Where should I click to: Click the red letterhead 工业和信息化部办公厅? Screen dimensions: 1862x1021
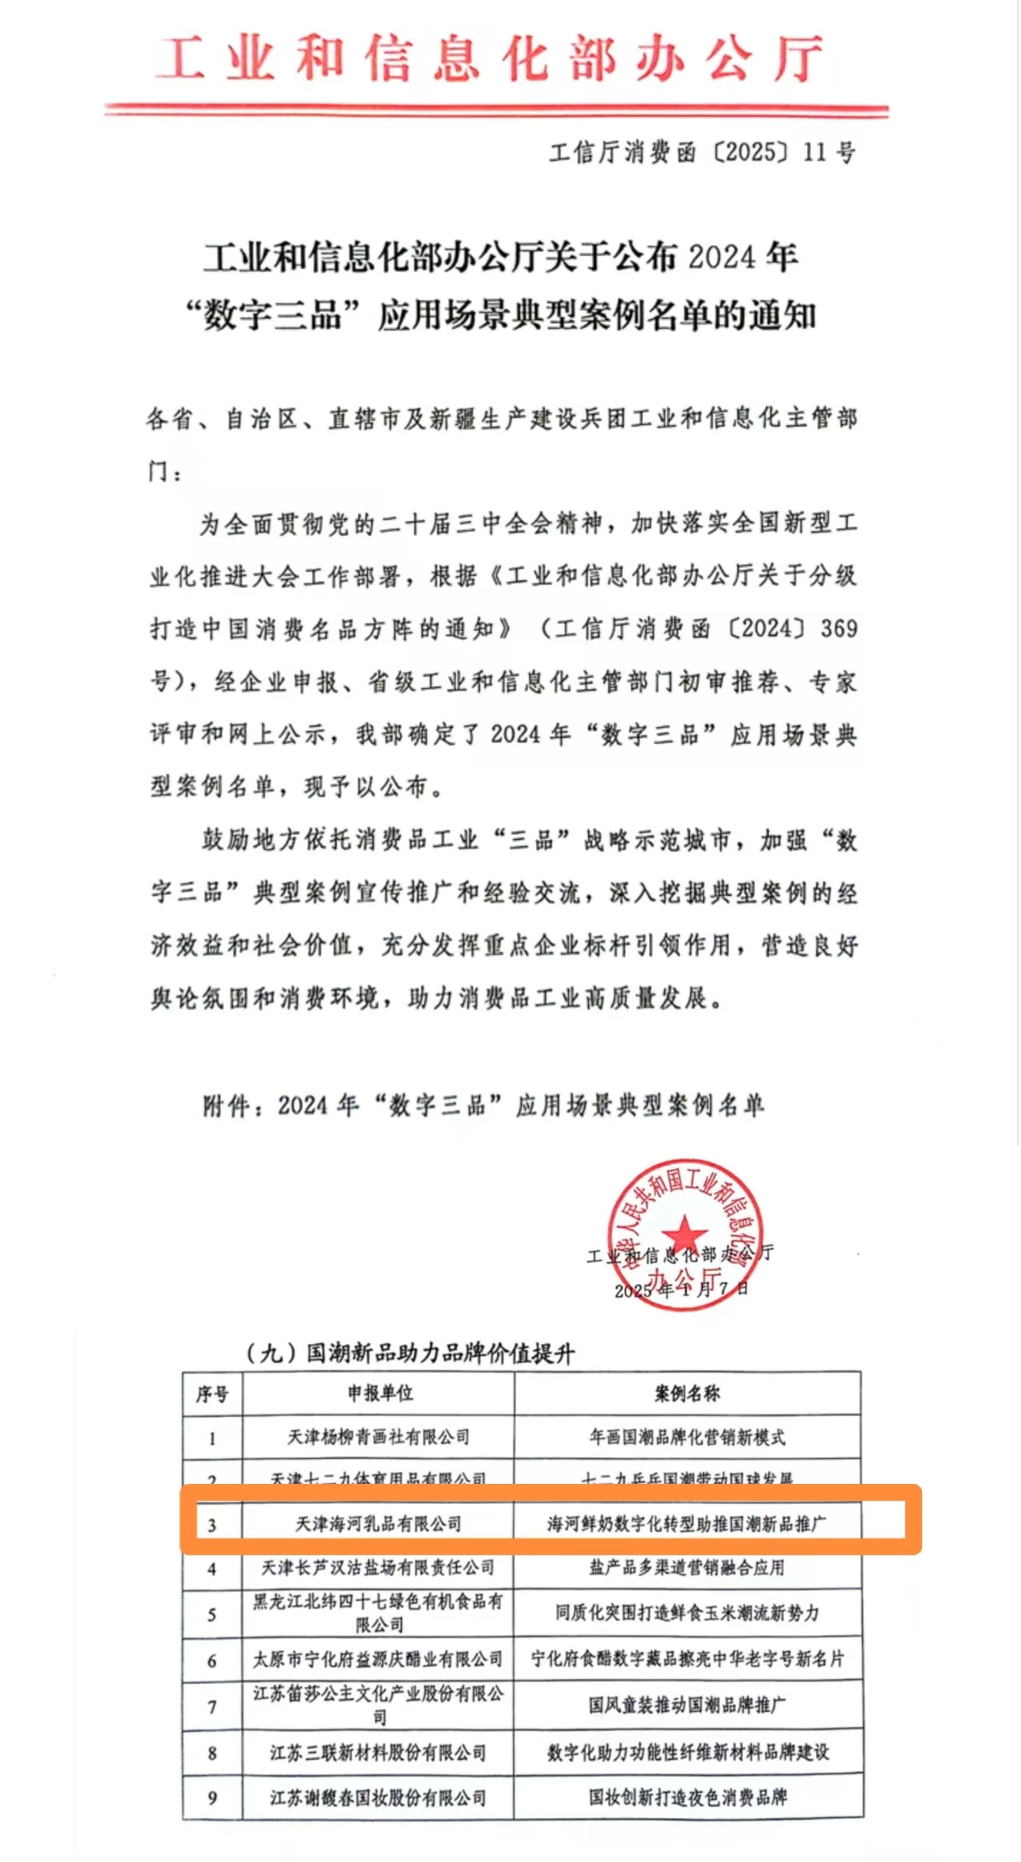488,59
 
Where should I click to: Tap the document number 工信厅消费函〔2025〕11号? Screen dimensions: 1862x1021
702,152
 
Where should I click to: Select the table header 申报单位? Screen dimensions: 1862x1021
380,1393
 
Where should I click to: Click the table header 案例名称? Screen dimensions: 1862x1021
687,1393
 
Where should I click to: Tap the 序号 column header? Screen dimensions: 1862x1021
212,1394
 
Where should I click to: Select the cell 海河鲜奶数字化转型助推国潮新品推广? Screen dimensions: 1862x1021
686,1524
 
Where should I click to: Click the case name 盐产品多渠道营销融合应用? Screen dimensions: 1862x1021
686,1568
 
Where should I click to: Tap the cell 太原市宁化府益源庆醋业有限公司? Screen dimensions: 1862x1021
378,1659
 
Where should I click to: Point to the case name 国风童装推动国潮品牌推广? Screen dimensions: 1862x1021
686,1706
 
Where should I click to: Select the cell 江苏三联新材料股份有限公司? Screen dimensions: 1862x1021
378,1753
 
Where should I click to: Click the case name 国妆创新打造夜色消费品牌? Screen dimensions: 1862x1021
686,1797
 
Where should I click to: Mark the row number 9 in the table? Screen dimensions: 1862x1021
212,1798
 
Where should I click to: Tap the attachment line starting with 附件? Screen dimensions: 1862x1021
483,1106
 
